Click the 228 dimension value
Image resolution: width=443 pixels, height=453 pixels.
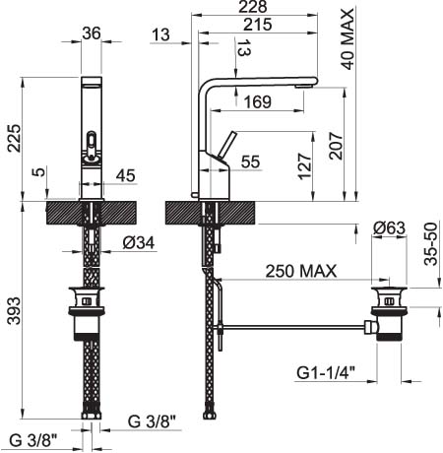click(x=253, y=7)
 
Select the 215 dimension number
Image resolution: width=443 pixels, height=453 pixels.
click(x=258, y=25)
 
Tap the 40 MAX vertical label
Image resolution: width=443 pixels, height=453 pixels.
click(x=348, y=39)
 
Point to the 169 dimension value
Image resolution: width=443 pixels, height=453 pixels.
click(x=258, y=102)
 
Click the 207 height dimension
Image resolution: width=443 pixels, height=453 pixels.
click(x=336, y=146)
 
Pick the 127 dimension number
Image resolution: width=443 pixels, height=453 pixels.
click(x=304, y=166)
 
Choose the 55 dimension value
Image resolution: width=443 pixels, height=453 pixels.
click(x=250, y=162)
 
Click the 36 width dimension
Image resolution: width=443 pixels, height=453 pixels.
click(x=92, y=33)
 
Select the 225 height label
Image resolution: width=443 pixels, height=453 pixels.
click(x=14, y=138)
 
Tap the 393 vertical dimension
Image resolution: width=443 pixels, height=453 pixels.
click(x=14, y=311)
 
